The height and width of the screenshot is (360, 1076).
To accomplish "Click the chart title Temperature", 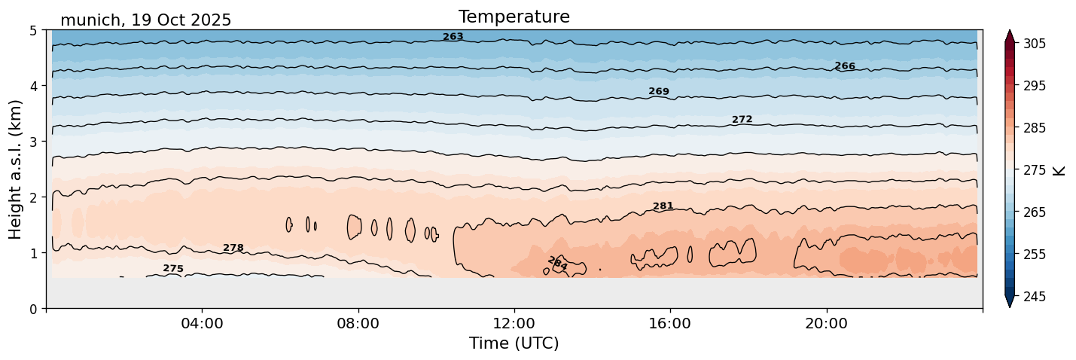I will (514, 17).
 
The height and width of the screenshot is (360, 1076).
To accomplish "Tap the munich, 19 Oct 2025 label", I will (145, 20).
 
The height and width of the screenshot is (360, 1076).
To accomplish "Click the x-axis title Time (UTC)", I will (514, 343).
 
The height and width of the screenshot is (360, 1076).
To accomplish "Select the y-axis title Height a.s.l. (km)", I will (16, 169).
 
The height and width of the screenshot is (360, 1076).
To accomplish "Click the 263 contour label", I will (453, 37).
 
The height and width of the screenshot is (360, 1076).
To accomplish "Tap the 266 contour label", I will (845, 66).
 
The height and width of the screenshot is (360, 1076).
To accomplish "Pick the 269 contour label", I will (659, 92).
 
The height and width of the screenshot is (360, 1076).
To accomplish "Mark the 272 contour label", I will (742, 120).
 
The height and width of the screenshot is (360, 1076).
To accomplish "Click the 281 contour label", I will (663, 206).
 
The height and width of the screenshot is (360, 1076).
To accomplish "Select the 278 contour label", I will (233, 249).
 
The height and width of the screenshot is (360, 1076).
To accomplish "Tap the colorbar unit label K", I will (1059, 170).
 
